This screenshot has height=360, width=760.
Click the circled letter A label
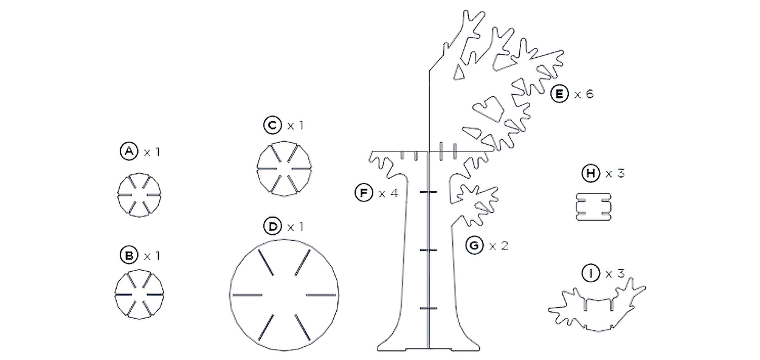[129, 151]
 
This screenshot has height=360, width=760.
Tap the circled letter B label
[129, 255]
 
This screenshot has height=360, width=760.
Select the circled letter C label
[272, 125]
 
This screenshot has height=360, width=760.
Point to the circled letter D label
[272, 226]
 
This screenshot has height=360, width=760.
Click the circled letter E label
[559, 94]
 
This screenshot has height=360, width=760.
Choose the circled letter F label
[364, 193]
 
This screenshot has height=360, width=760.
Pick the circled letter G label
[474, 245]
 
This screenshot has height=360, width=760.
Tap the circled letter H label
[591, 173]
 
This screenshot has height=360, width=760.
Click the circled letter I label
[591, 274]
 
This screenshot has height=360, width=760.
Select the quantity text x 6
[584, 94]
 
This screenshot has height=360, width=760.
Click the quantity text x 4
[389, 193]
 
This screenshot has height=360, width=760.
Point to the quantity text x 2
[499, 245]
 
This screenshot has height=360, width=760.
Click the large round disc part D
[284, 295]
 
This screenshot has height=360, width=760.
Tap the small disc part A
[139, 195]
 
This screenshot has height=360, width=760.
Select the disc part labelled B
[139, 294]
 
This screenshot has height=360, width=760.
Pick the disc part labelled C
[284, 168]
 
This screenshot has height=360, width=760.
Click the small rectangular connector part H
[593, 207]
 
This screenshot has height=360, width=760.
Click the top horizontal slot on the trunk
[428, 192]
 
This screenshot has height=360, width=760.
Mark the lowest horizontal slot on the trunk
[428, 308]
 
